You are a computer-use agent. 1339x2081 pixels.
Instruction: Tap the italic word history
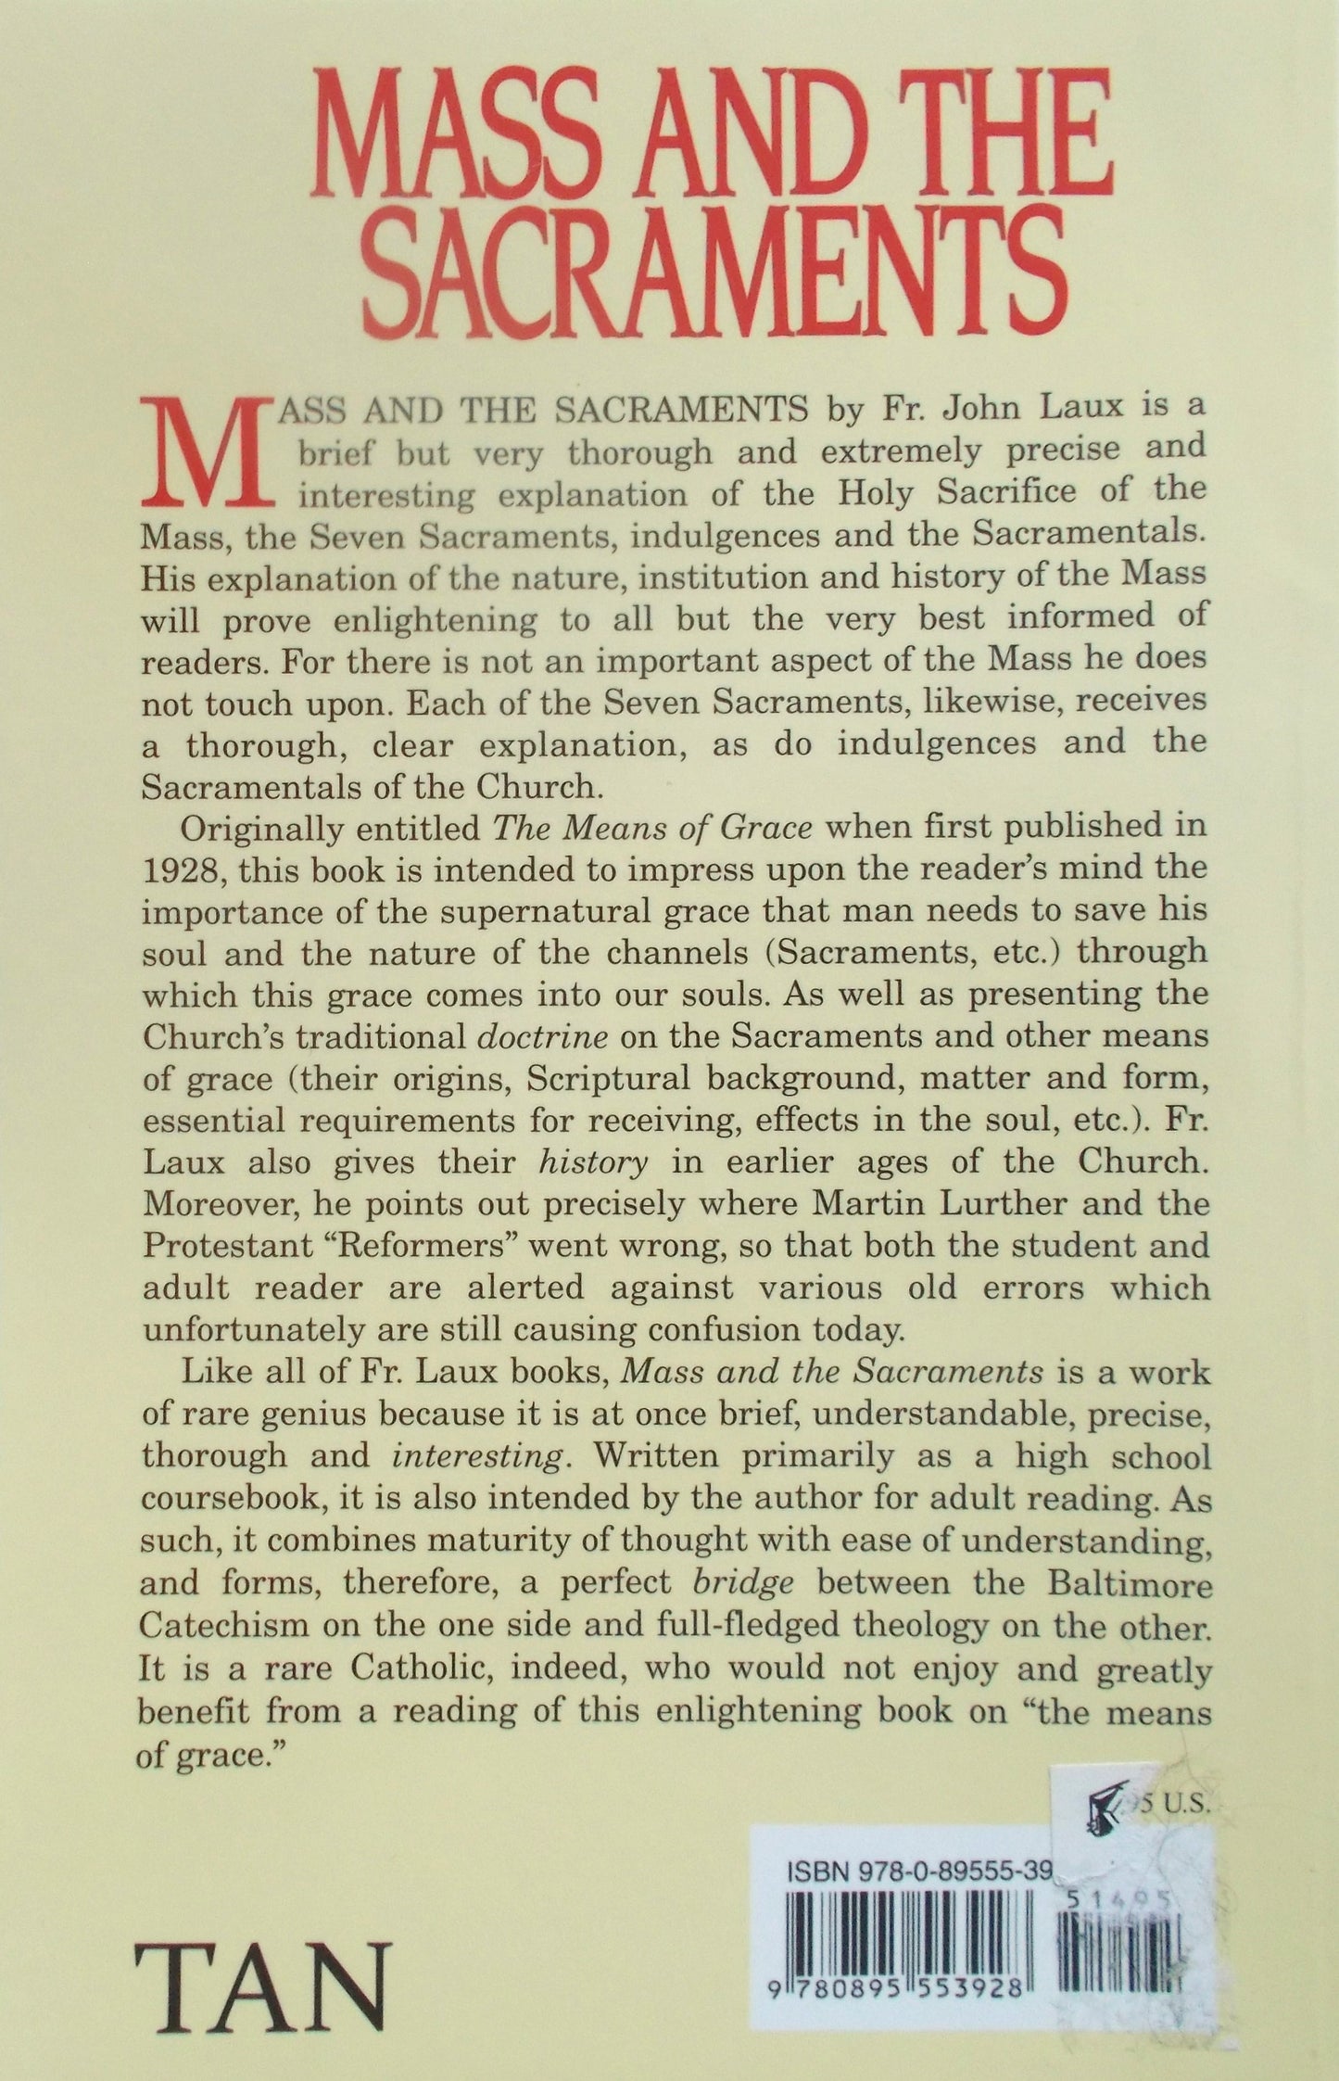point(592,1161)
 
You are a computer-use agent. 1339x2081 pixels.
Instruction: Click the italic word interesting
point(477,1455)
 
